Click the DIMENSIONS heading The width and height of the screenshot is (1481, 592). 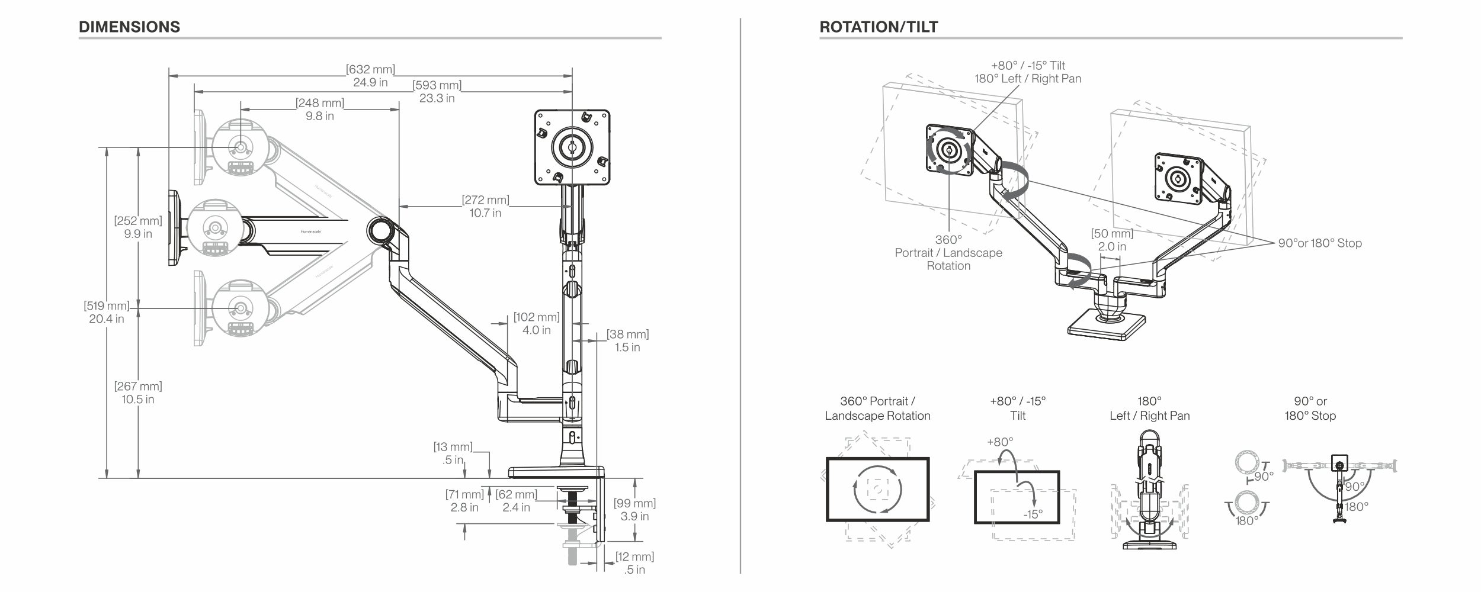[x=129, y=27]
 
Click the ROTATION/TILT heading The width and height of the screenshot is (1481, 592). [x=879, y=27]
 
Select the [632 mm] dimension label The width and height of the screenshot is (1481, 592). [x=371, y=70]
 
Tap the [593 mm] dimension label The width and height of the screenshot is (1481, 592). [x=437, y=85]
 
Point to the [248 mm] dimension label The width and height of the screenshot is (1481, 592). [x=320, y=103]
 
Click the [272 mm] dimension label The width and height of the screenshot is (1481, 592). [x=486, y=200]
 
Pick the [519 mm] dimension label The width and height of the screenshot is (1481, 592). [x=107, y=306]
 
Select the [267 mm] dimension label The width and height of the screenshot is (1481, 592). [x=138, y=387]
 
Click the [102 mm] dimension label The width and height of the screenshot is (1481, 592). [x=537, y=317]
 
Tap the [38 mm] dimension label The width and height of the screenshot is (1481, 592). [x=628, y=334]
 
